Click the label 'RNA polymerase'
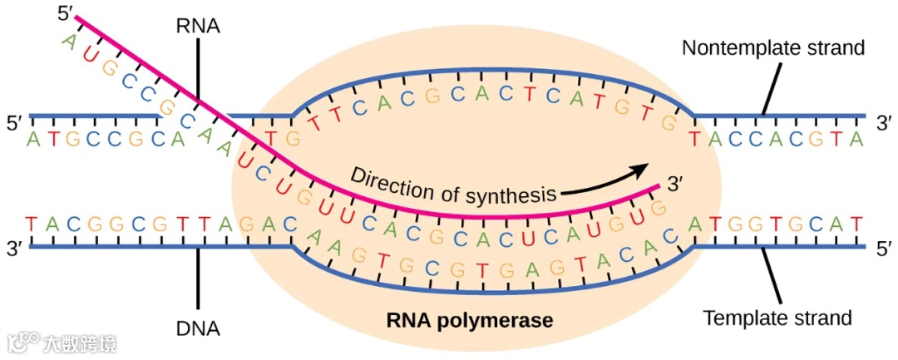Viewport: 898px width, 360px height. click(469, 318)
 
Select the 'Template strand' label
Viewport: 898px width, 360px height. click(777, 318)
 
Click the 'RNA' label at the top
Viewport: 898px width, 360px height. click(198, 26)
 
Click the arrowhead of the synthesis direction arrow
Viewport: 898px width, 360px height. click(641, 169)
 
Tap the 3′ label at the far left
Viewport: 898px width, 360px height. click(14, 248)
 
